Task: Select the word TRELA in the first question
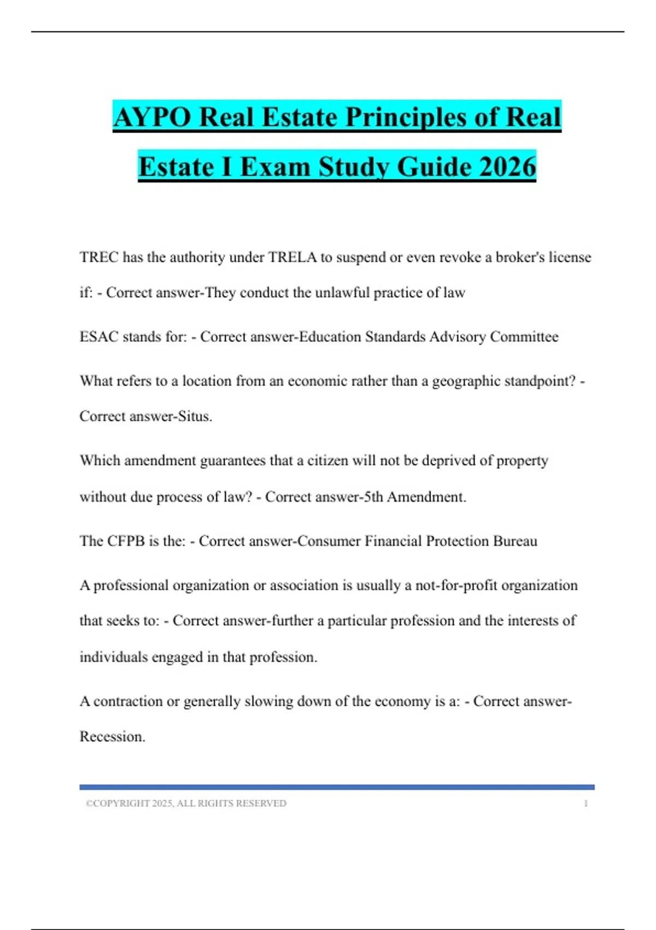(x=292, y=257)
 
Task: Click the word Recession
(x=112, y=737)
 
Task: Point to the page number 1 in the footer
(x=585, y=804)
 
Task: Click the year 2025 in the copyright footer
(x=162, y=804)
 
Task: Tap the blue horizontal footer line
(x=337, y=787)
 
